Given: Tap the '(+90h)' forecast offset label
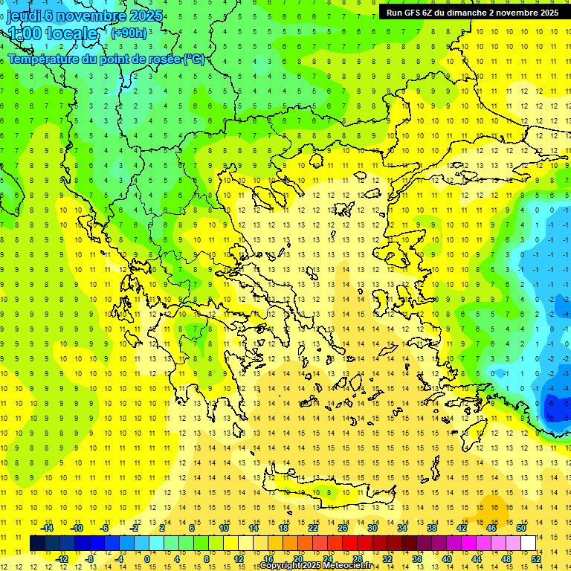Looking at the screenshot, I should [128, 33].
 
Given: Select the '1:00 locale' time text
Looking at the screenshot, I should [52, 33].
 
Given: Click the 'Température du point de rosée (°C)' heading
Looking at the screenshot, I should [106, 59].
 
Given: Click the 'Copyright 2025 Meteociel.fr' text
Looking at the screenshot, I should [315, 566].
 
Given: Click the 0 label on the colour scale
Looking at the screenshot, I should [146, 559].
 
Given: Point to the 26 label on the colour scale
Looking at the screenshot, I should [343, 528].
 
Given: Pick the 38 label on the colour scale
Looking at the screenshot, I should [432, 528].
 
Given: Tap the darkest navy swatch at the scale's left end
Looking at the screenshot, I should [37, 543].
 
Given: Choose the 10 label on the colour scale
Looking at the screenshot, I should [224, 528].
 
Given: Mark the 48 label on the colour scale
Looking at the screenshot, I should [506, 559].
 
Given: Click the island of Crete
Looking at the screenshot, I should [327, 492].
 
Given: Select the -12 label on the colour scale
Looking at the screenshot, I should [62, 559].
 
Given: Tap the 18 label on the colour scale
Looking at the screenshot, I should [283, 528].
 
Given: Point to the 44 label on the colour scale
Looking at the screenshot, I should [477, 559].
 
